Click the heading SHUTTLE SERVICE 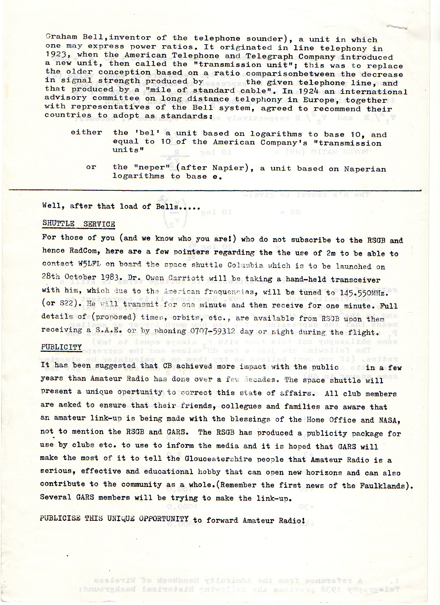79,224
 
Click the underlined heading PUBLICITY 61,347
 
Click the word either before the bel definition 86,132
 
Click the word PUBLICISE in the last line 60,518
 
